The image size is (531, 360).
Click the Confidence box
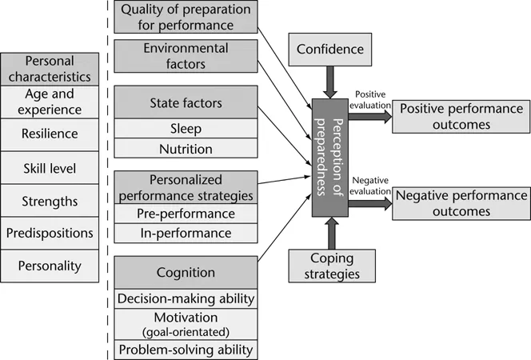point(329,50)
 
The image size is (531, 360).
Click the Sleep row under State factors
point(186,128)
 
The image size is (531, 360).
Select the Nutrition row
point(186,148)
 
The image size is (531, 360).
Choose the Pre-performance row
point(186,214)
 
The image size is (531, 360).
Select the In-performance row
point(186,233)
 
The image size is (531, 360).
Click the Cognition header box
point(186,272)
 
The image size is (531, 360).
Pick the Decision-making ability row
point(186,298)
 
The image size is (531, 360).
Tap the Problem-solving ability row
point(186,349)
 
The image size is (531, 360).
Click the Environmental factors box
point(186,55)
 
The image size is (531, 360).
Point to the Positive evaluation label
point(370,98)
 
